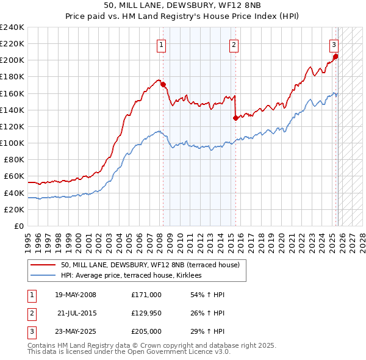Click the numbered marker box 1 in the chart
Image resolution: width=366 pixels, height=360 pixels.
[162, 44]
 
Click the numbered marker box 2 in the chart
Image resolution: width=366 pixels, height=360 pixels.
[234, 44]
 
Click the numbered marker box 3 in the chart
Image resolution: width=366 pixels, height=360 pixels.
[334, 44]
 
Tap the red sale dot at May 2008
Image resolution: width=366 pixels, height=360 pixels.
[163, 84]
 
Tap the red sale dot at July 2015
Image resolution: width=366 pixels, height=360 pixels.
[235, 118]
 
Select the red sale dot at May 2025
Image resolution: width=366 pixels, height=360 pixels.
[335, 57]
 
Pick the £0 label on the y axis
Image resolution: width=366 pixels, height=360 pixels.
[18, 226]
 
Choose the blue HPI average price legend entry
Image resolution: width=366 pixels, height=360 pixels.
[131, 276]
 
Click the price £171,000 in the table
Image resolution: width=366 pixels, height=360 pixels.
[146, 295]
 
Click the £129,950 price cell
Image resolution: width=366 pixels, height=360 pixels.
[146, 313]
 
